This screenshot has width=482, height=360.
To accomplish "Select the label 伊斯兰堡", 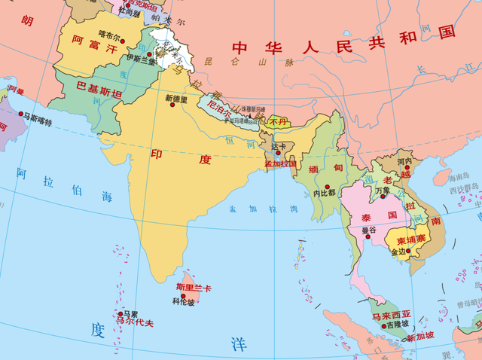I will [x=141, y=58].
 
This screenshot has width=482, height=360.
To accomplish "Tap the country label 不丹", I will [x=278, y=121].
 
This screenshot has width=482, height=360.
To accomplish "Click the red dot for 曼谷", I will [x=369, y=222].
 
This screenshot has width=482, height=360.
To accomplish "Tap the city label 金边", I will [x=398, y=252].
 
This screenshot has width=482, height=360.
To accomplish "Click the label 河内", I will [x=404, y=160].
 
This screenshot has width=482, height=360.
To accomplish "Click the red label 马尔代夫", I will [x=133, y=322].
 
